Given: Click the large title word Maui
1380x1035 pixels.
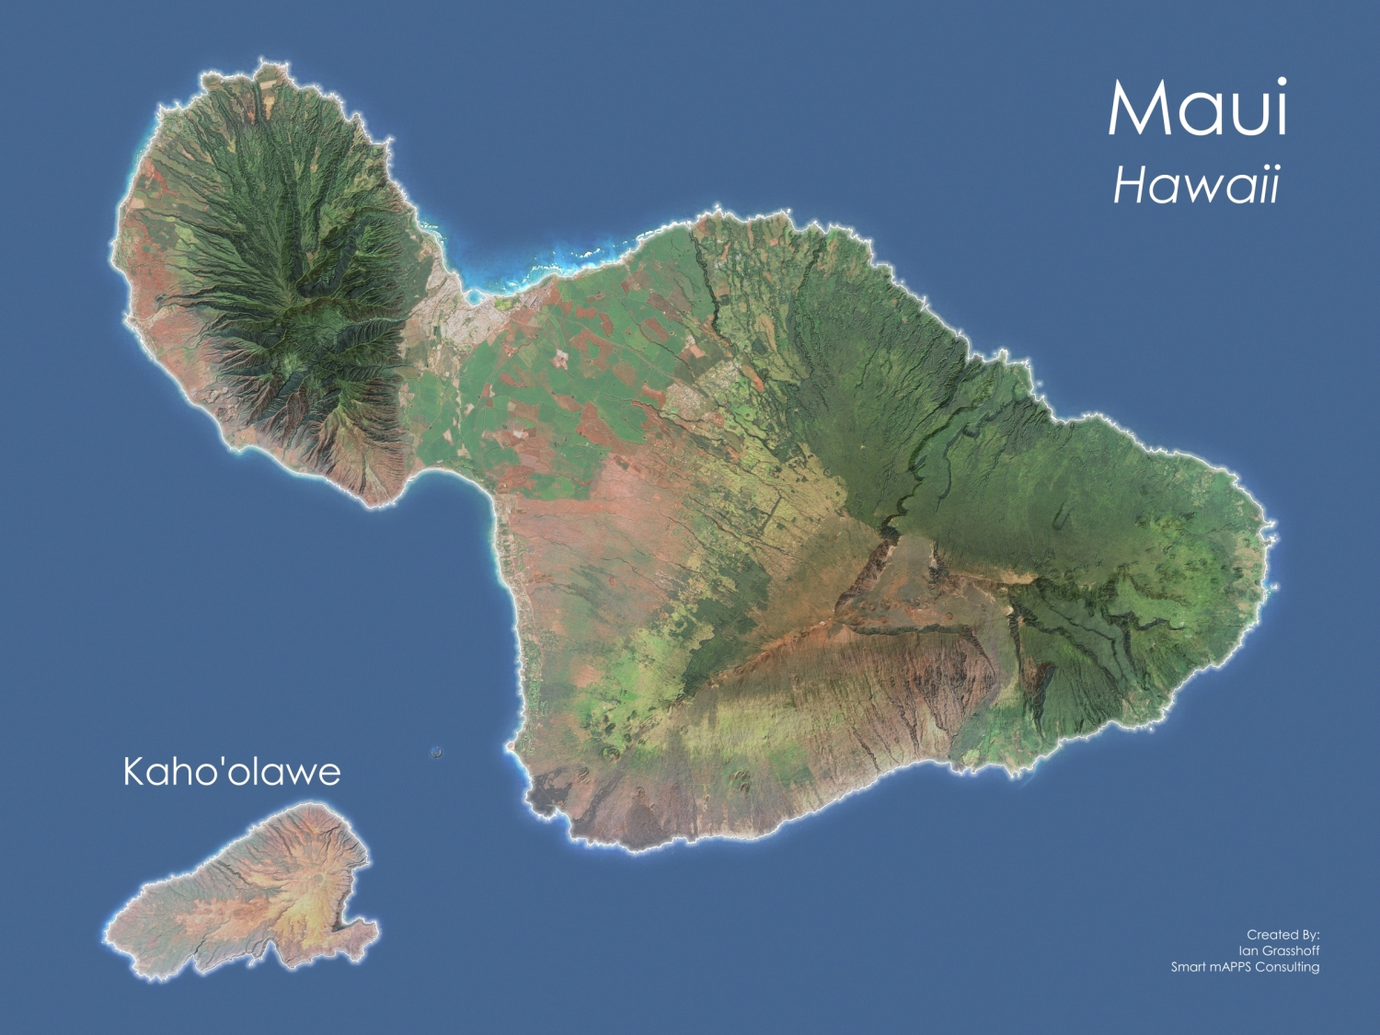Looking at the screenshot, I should (1197, 109).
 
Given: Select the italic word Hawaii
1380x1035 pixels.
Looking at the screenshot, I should (1196, 186).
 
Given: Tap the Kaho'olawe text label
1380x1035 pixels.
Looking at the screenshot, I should (232, 772).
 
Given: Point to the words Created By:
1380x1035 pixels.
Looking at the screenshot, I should (1282, 935).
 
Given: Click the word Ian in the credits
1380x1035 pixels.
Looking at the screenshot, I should (1248, 950).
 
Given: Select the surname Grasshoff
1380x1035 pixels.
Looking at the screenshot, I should (1292, 950).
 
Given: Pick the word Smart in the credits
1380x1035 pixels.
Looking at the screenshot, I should (1188, 967).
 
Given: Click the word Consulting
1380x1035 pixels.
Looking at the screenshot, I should (1287, 967).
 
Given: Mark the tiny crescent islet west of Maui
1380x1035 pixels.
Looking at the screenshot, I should (436, 753).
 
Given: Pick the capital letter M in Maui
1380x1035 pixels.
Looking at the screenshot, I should (1137, 109).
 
